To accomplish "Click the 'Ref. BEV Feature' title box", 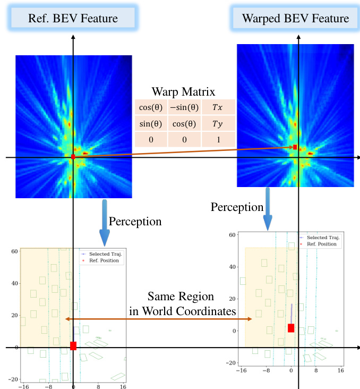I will pos(72,19).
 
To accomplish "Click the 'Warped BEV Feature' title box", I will pos(295,19).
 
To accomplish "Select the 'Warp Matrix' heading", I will pos(184,91).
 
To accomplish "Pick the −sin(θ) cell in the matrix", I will pos(184,106).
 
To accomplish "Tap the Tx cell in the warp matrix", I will pos(218,106).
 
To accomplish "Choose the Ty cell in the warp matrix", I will pos(218,123).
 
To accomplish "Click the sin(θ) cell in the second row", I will pos(151,123).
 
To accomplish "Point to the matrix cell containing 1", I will pos(218,140).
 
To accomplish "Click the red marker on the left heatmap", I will pos(73,157).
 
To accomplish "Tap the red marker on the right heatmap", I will pos(295,147).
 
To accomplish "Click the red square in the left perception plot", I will pos(73,346).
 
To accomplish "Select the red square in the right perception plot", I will pos(291,328).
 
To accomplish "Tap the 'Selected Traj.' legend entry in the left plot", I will pos(105,254).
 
